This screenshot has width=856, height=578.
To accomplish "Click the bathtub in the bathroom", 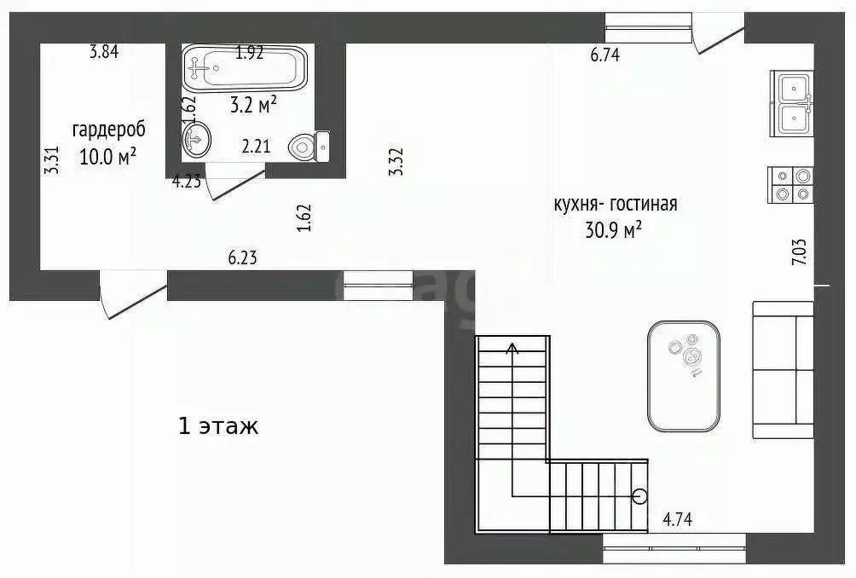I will (x=244, y=67).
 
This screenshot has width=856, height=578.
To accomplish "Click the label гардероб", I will (x=108, y=130).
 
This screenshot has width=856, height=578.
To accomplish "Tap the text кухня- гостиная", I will (x=616, y=205).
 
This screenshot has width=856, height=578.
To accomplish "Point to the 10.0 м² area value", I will (x=108, y=157).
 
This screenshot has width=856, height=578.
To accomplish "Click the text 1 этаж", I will (x=218, y=425).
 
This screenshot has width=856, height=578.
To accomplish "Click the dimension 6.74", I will (x=604, y=56).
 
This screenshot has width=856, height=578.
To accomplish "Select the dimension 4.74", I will (x=678, y=518).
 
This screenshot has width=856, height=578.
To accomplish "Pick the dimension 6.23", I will (x=242, y=257).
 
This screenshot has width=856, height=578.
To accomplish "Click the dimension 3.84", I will (x=104, y=51).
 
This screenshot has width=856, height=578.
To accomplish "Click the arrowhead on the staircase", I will (x=512, y=347).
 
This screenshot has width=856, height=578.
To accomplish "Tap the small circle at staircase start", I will (x=639, y=495).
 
